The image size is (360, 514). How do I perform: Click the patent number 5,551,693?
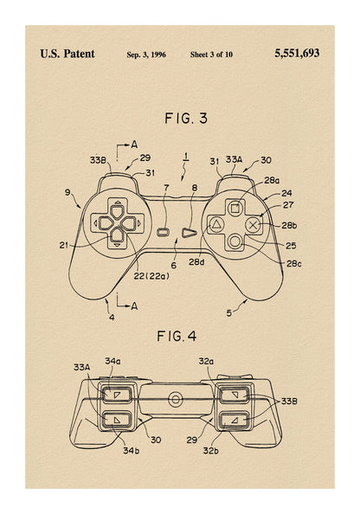297,54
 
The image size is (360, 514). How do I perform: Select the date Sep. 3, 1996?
146,55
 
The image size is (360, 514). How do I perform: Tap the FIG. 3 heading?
186,119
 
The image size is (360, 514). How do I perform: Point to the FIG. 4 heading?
177,336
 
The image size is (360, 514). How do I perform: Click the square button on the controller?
235,209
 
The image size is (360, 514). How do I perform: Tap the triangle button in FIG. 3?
216,224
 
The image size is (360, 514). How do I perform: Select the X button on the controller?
253,225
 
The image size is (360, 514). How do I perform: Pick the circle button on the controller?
235,242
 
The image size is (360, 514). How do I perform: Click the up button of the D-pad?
117,211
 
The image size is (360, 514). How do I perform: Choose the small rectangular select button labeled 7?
164,233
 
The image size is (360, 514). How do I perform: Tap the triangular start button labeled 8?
190,233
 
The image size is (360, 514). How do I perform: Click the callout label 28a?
272,181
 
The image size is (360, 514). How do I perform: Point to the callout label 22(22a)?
151,276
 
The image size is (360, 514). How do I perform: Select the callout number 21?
64,245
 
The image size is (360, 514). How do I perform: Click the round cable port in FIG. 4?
176,399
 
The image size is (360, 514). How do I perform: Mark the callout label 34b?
132,451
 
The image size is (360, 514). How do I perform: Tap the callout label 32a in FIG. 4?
206,361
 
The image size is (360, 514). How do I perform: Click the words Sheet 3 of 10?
211,55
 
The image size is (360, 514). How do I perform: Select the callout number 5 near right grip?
228,313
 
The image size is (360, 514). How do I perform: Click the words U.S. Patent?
67,54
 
